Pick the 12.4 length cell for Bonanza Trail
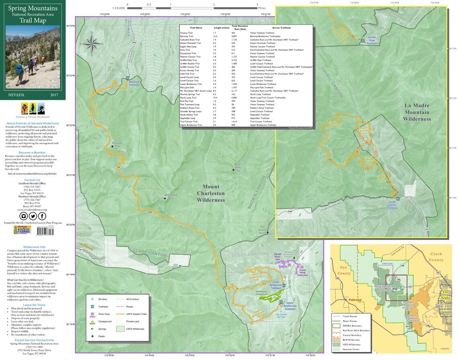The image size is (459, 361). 214,36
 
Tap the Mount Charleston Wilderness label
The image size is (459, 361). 211,193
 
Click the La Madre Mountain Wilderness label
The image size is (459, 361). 417,112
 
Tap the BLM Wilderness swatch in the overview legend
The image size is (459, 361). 337,340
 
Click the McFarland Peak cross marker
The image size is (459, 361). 165,198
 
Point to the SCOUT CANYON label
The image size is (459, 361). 249,254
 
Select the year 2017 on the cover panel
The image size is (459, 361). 54,95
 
